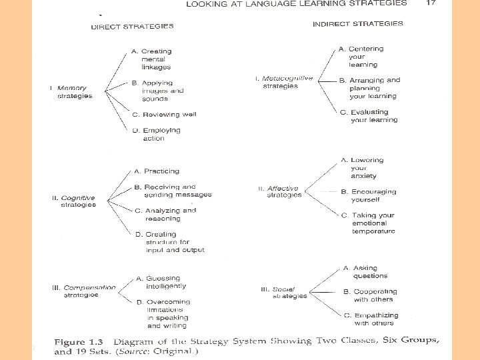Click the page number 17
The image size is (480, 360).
pyautogui.click(x=431, y=3)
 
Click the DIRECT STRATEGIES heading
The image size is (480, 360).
pyautogui.click(x=132, y=27)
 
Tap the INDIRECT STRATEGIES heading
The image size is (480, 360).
pyautogui.click(x=358, y=24)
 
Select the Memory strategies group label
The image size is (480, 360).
pyautogui.click(x=71, y=92)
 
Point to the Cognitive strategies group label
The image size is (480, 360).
pyautogui.click(x=75, y=201)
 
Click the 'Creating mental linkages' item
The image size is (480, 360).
pyautogui.click(x=153, y=59)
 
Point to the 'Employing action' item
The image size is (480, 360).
pyautogui.click(x=157, y=135)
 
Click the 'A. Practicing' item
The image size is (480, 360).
pyautogui.click(x=157, y=171)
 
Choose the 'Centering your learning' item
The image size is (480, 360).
pyautogui.click(x=362, y=57)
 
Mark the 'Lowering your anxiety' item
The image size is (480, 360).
pyautogui.click(x=363, y=168)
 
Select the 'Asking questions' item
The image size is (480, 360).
pyautogui.click(x=365, y=272)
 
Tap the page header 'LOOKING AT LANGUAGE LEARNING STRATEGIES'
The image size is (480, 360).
pyautogui.click(x=296, y=3)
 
